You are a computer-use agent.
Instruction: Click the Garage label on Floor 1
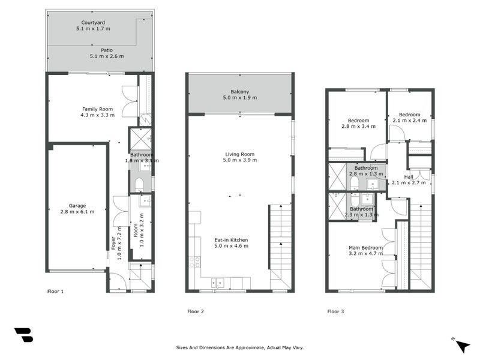click(x=77, y=205)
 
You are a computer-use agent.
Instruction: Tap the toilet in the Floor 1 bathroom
click(x=139, y=183)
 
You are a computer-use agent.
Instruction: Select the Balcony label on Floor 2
click(x=240, y=92)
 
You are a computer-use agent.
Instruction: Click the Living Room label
click(x=240, y=154)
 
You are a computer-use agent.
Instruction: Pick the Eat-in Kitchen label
click(x=232, y=239)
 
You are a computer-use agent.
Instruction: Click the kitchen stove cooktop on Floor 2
click(x=195, y=262)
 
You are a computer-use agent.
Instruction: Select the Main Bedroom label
click(x=366, y=247)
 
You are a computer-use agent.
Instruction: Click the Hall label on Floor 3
click(x=409, y=176)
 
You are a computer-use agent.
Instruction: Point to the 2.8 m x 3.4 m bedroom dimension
click(x=358, y=126)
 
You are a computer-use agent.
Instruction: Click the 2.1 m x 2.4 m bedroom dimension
click(x=409, y=120)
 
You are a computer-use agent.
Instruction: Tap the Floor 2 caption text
click(x=196, y=311)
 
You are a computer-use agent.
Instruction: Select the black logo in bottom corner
click(x=23, y=335)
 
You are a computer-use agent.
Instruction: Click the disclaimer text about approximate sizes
click(x=240, y=347)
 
